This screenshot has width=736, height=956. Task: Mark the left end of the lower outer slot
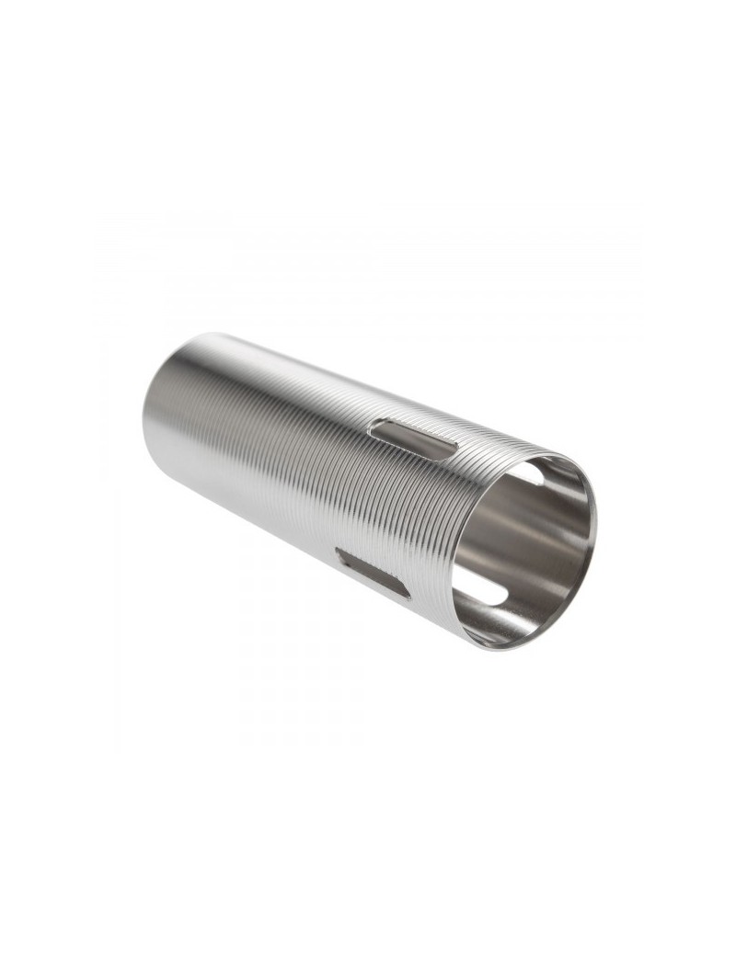339,553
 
